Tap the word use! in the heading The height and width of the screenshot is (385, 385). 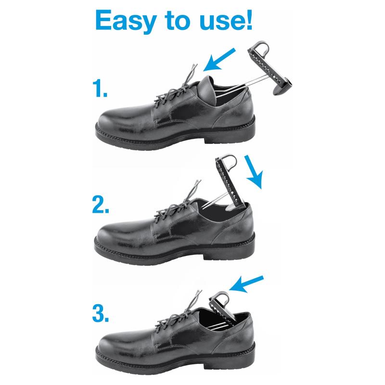click(x=226, y=20)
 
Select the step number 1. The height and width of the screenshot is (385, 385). click(x=100, y=89)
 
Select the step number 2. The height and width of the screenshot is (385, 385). click(x=101, y=204)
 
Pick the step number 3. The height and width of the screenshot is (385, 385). click(x=101, y=314)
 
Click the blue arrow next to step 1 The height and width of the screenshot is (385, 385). click(x=219, y=60)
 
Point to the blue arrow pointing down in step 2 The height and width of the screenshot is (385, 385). click(x=254, y=172)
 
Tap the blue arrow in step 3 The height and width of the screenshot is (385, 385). click(x=246, y=284)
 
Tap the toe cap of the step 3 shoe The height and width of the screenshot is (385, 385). click(x=116, y=344)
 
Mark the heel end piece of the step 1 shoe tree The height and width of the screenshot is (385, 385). click(x=282, y=87)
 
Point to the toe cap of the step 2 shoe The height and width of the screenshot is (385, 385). click(x=115, y=234)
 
